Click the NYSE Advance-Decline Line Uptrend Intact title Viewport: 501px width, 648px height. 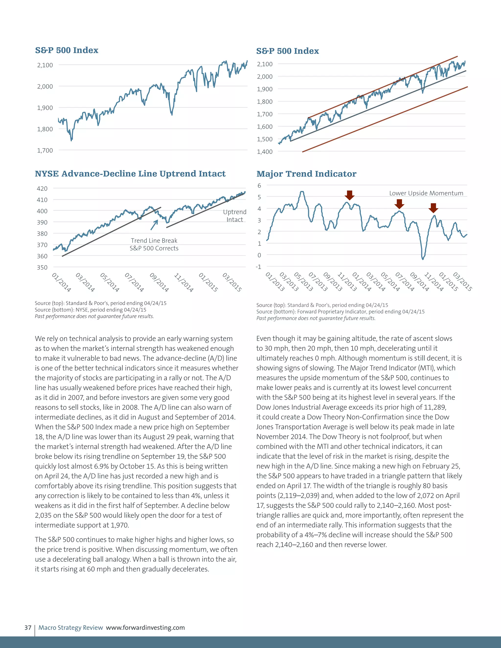tap(130, 174)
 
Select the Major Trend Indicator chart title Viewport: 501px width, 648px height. tap(306, 174)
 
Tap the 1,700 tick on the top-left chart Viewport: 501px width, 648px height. tap(45, 150)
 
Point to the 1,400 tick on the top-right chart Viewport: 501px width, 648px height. tap(264, 152)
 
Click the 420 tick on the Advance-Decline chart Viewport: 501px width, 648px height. tap(42, 188)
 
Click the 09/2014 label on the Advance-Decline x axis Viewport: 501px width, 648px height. tap(159, 282)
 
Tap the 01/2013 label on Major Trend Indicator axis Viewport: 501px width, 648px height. tap(275, 281)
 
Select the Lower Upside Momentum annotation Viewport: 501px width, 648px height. tap(426, 193)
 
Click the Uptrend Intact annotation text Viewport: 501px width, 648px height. tap(235, 216)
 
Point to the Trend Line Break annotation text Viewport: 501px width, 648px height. tap(154, 241)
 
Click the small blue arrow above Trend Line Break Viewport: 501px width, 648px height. tap(154, 225)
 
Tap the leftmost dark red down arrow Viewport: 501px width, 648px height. tap(350, 195)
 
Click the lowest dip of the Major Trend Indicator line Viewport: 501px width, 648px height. tap(423, 259)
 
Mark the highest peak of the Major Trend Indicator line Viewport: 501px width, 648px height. tap(302, 192)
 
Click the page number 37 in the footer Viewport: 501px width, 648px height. tap(28, 627)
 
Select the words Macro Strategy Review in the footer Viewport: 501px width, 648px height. tap(71, 627)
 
